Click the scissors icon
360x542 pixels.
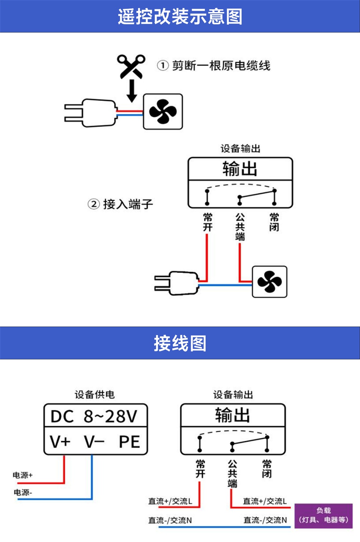(131, 66)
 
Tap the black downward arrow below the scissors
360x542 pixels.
(132, 91)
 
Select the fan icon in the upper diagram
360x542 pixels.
(163, 112)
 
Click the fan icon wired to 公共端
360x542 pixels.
(269, 282)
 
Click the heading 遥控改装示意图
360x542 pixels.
(180, 17)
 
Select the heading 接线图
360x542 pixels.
(180, 343)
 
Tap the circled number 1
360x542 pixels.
(163, 66)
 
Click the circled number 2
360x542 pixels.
(94, 204)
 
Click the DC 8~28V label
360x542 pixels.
(94, 416)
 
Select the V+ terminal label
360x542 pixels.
(60, 442)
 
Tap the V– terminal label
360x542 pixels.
(94, 442)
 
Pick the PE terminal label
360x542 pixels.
(129, 442)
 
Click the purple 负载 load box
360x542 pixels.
(323, 516)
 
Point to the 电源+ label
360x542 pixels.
(22, 475)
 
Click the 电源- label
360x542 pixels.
(23, 492)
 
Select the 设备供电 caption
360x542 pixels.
(94, 394)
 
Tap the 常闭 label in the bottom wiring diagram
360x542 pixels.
(267, 469)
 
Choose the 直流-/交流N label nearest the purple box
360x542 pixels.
(265, 520)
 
